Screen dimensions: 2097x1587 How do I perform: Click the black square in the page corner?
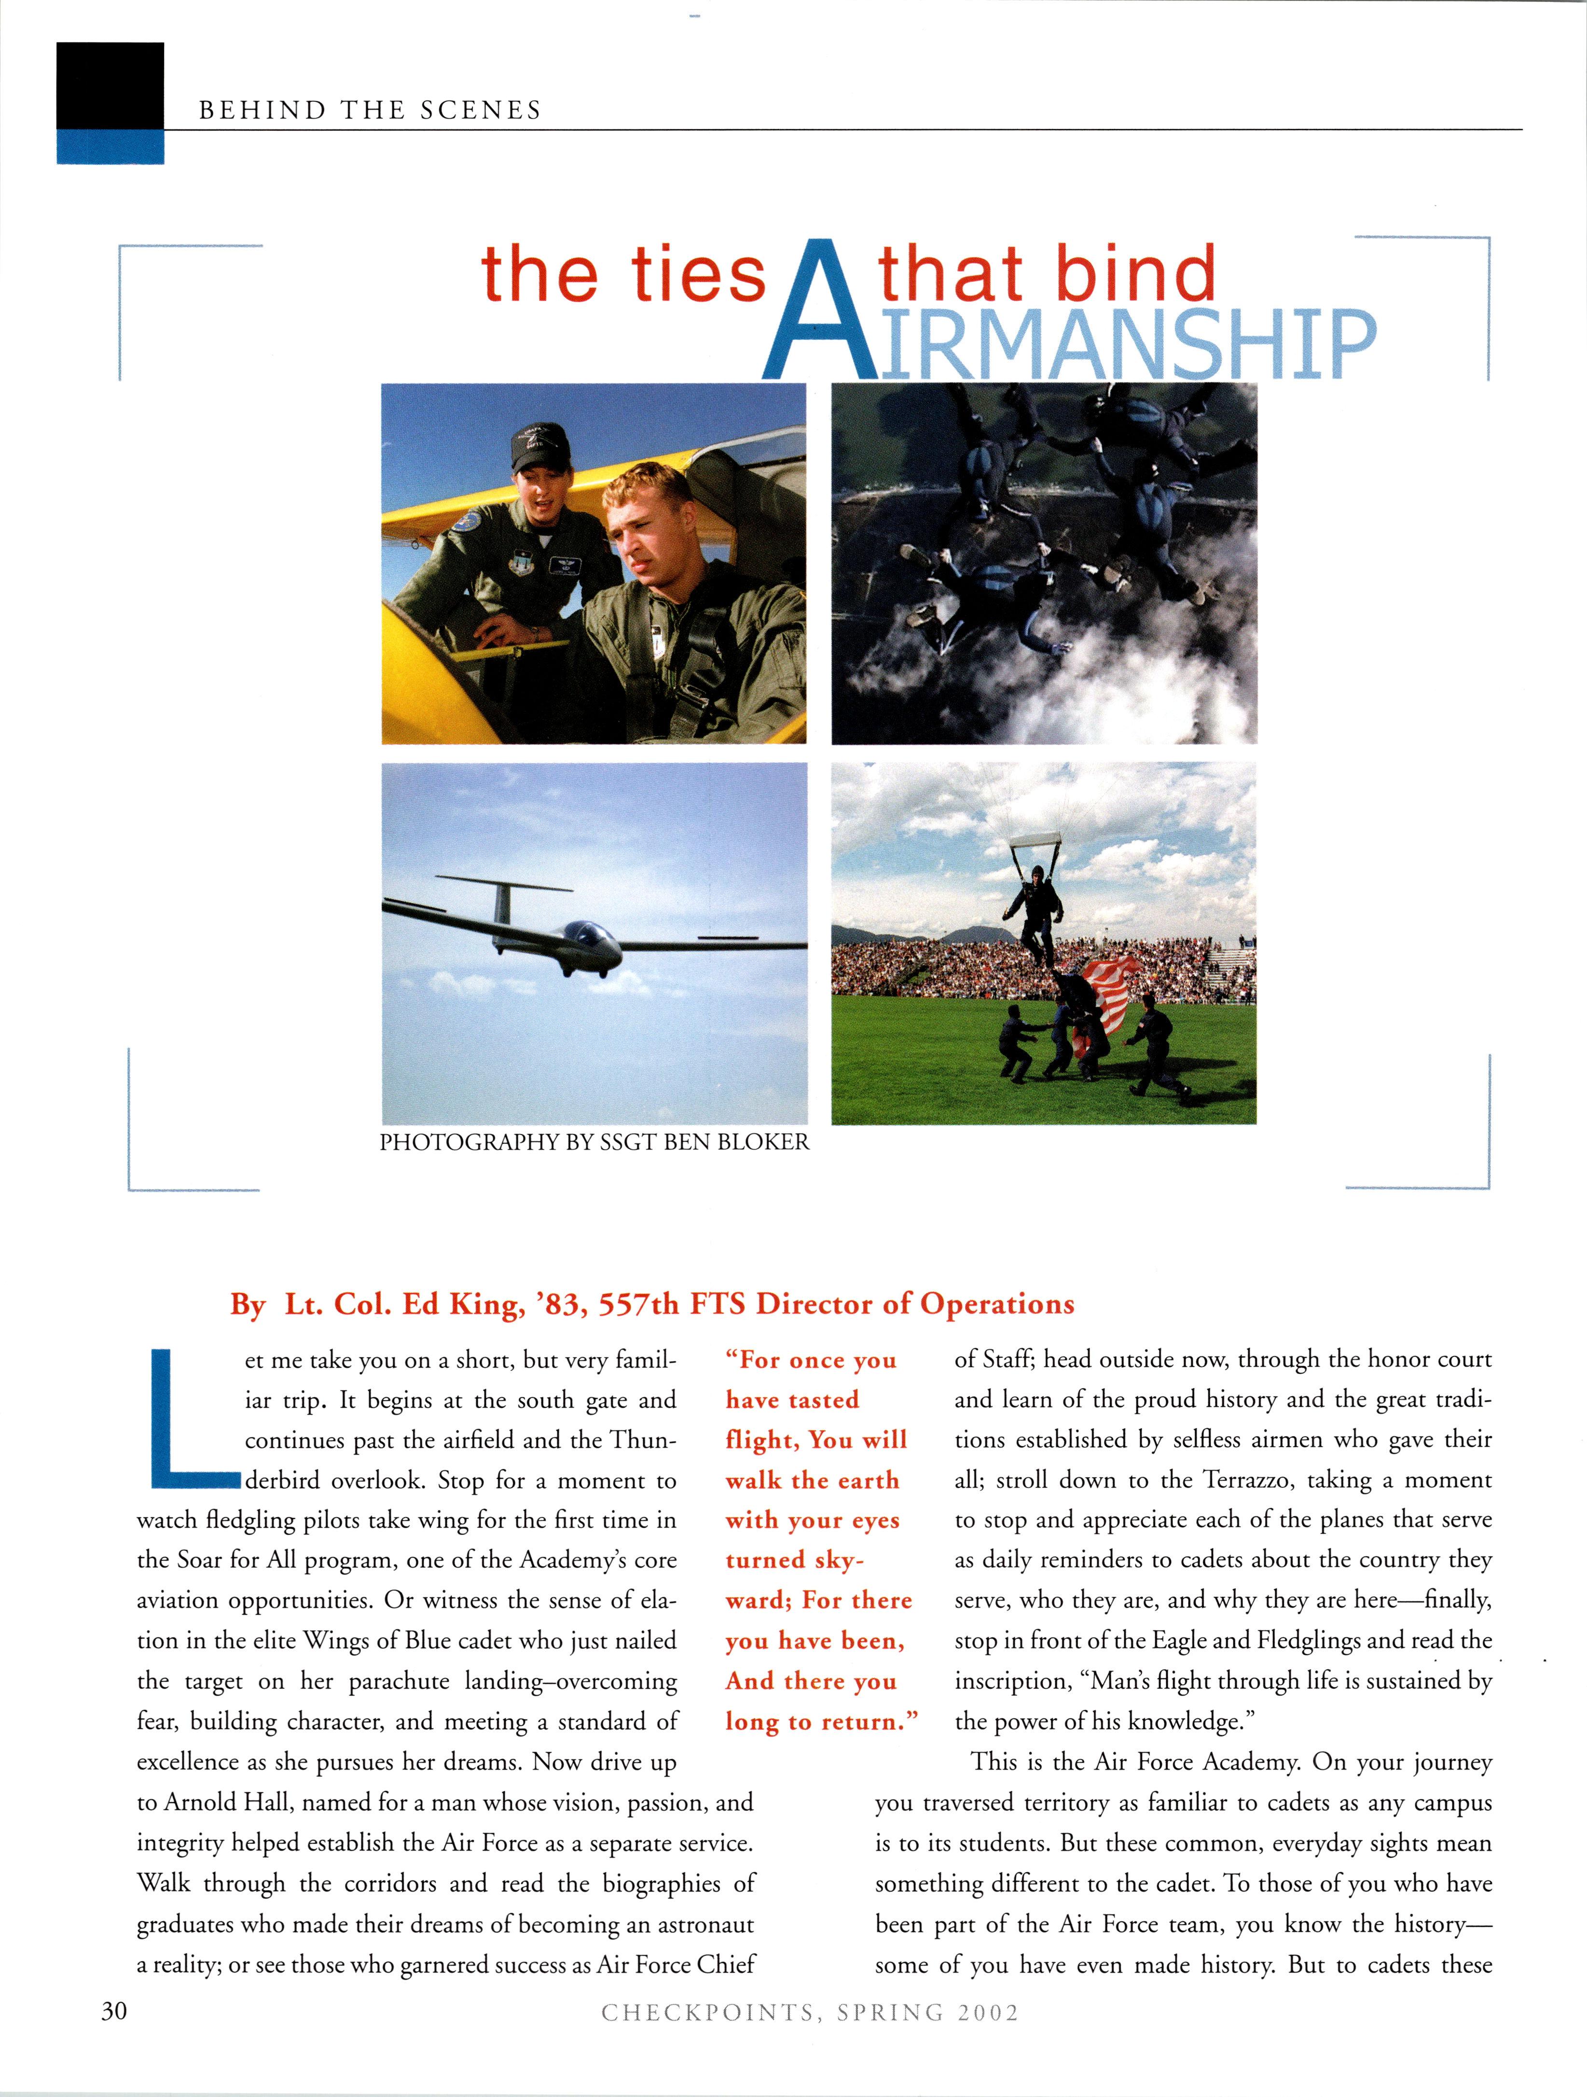pos(110,85)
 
